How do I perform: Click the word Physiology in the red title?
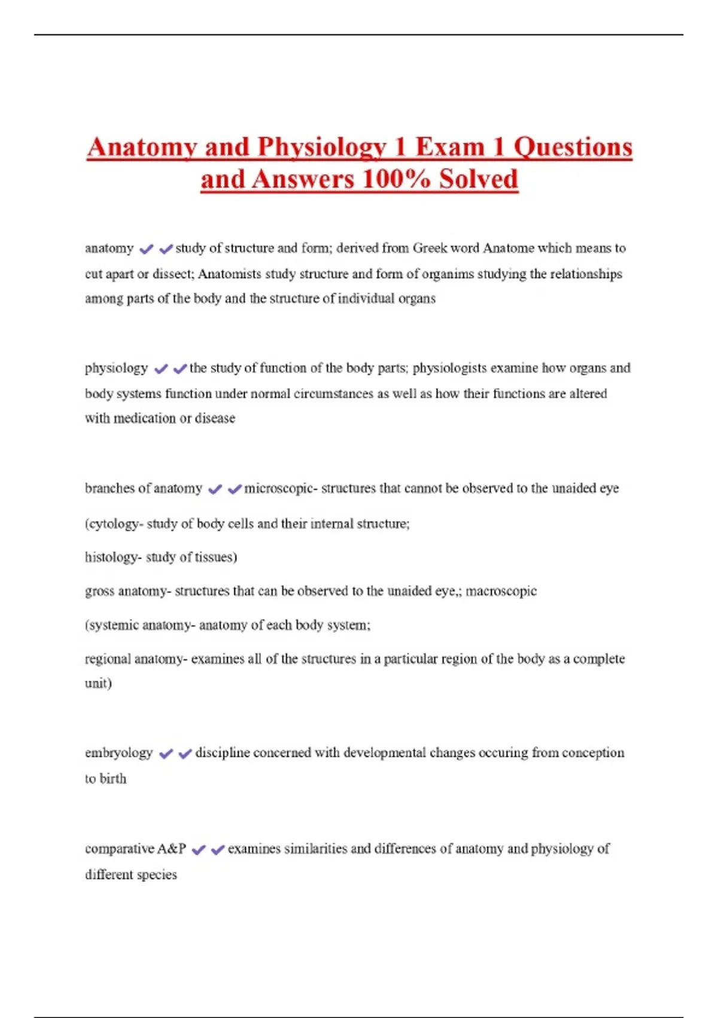(x=322, y=147)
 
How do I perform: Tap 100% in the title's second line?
(x=396, y=179)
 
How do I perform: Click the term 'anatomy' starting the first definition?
(x=109, y=248)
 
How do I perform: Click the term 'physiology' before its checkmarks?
(x=116, y=368)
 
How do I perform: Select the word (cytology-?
(x=114, y=523)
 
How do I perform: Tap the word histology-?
(x=113, y=557)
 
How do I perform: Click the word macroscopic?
(x=501, y=591)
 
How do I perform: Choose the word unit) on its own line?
(x=98, y=683)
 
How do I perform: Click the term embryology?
(x=118, y=753)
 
